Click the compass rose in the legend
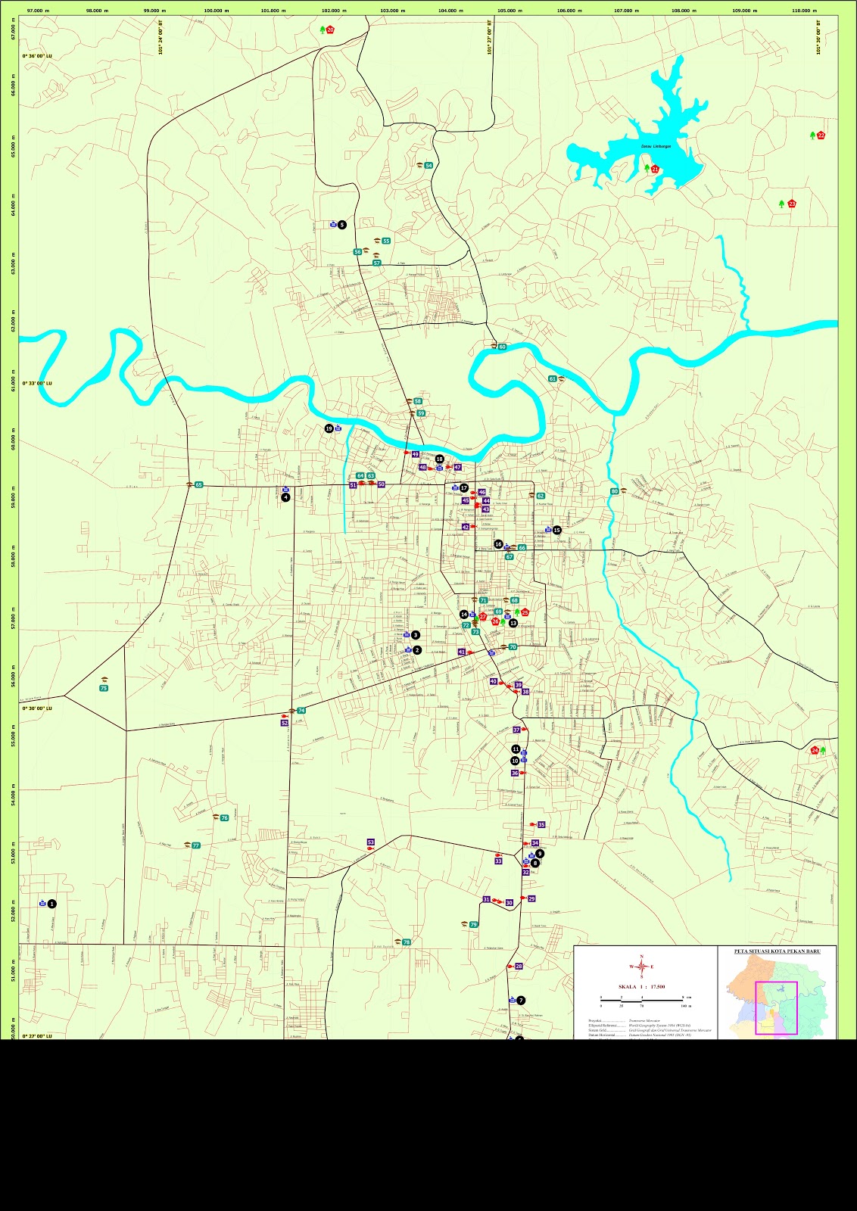pos(641,966)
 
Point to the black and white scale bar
pos(641,1000)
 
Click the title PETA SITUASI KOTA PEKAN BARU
pos(778,951)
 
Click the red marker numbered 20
pos(330,30)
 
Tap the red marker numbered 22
pos(821,135)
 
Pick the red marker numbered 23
pos(792,204)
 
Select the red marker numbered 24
pos(815,750)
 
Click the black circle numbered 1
pos(51,904)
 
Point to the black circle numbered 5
pos(342,225)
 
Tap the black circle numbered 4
pos(285,497)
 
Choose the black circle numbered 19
pos(329,428)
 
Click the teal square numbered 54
pos(428,166)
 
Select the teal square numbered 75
pos(104,688)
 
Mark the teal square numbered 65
pos(199,484)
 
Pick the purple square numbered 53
pos(371,842)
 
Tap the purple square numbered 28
pos(519,967)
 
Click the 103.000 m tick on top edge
pos(392,11)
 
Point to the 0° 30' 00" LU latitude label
pos(37,708)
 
